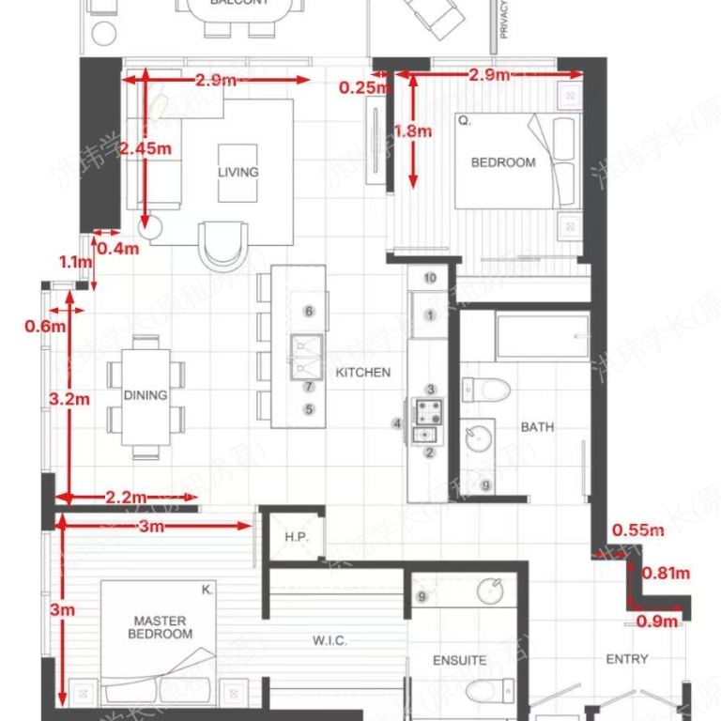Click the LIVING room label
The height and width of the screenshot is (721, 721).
(x=238, y=172)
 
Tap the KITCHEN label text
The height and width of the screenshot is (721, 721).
(x=362, y=373)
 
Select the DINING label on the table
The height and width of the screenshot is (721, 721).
(x=145, y=395)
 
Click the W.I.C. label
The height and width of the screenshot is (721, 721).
(x=330, y=641)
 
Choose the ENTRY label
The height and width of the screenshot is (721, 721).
(x=626, y=659)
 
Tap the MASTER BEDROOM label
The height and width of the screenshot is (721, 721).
(x=160, y=627)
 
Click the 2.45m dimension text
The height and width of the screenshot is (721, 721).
(x=146, y=147)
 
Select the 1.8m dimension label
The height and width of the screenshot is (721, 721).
(x=413, y=131)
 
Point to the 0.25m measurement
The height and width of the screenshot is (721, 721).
(x=362, y=87)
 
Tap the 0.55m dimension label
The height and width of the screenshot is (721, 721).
(x=637, y=530)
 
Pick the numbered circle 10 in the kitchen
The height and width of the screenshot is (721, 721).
(x=430, y=278)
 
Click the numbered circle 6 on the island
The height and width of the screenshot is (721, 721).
(x=308, y=312)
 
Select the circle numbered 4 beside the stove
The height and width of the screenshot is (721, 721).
(x=398, y=424)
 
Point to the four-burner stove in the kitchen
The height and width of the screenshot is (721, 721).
(x=429, y=410)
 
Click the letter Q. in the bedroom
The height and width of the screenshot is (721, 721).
(x=464, y=120)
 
